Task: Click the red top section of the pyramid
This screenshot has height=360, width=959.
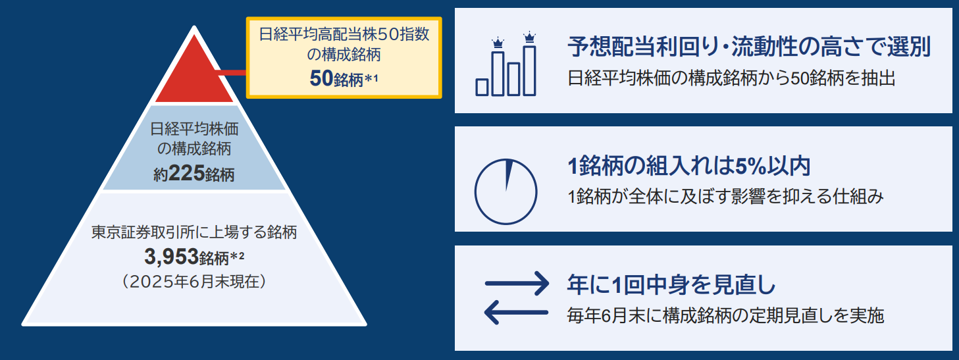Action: point(194,76)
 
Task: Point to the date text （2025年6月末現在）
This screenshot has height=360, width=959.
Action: point(194,281)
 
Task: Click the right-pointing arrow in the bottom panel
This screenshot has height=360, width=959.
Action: point(517,284)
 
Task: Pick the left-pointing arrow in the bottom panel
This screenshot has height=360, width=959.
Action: point(517,312)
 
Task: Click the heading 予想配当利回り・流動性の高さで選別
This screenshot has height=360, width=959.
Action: point(748,49)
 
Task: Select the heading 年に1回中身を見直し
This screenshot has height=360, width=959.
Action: point(671,286)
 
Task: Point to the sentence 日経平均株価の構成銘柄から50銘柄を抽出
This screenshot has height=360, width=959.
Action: point(731,79)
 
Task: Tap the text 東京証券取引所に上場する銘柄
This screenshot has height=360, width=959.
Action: point(194,232)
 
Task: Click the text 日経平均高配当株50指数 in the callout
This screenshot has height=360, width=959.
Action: point(344,35)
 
